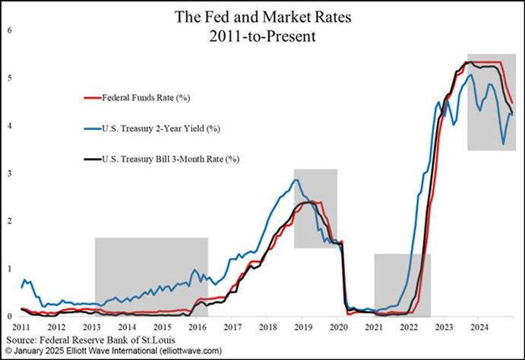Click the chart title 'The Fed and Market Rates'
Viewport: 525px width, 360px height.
[262, 16]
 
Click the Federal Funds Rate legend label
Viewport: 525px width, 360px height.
[147, 97]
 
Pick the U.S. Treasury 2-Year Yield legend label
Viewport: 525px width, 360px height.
[157, 128]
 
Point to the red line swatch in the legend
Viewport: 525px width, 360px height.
[90, 97]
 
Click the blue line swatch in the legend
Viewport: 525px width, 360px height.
[90, 128]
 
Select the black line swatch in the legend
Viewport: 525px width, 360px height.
[90, 159]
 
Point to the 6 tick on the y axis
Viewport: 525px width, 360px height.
[9, 30]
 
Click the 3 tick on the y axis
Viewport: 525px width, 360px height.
[9, 174]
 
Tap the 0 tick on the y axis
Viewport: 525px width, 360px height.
[9, 316]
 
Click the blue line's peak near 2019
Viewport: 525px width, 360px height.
[296, 180]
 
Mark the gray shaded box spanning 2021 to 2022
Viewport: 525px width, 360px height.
[402, 285]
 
